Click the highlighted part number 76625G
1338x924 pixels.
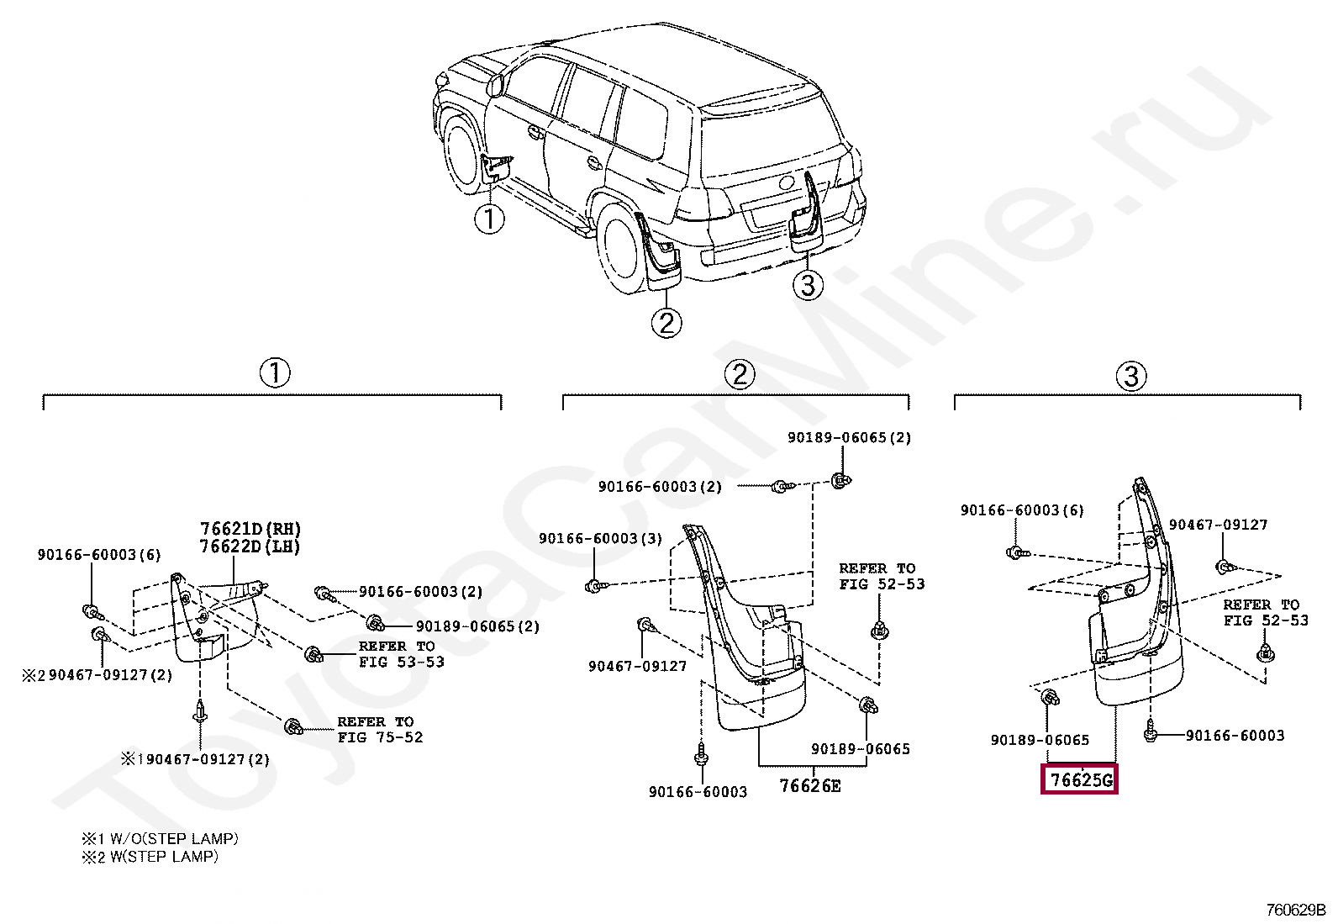click(x=1080, y=780)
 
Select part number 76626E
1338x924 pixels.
click(x=809, y=786)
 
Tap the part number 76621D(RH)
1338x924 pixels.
click(x=250, y=529)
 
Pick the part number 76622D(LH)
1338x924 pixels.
click(x=250, y=546)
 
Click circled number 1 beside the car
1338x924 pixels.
click(x=489, y=219)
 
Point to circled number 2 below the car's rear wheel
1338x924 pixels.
click(x=666, y=323)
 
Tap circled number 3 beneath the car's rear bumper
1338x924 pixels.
click(x=808, y=285)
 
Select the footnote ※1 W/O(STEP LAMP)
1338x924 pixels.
click(x=160, y=838)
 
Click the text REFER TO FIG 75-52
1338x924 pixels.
click(x=380, y=730)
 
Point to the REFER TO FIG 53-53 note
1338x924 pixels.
click(x=401, y=654)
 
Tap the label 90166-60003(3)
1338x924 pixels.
click(x=600, y=538)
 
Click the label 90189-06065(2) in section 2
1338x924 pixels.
click(x=849, y=438)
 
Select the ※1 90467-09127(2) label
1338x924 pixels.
click(x=196, y=759)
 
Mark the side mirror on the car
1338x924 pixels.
click(x=495, y=83)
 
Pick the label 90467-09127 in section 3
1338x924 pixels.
click(x=1218, y=525)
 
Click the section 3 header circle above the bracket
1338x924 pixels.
click(x=1131, y=376)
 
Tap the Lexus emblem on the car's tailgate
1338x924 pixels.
click(x=788, y=182)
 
